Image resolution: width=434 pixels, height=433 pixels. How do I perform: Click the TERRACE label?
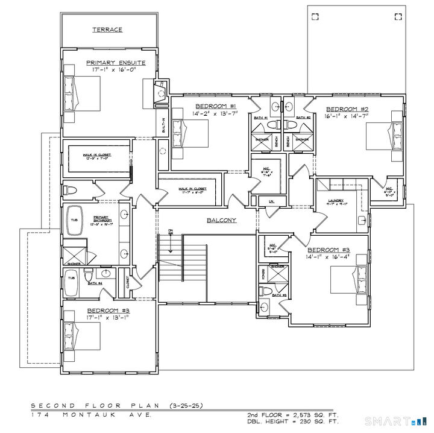tap(107, 29)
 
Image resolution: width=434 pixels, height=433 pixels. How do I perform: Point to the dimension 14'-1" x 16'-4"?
tap(329, 257)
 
